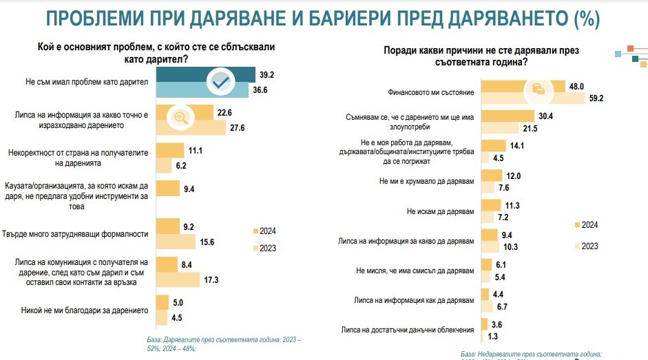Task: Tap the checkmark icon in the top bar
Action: click(x=220, y=83)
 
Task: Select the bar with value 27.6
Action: click(x=191, y=128)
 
